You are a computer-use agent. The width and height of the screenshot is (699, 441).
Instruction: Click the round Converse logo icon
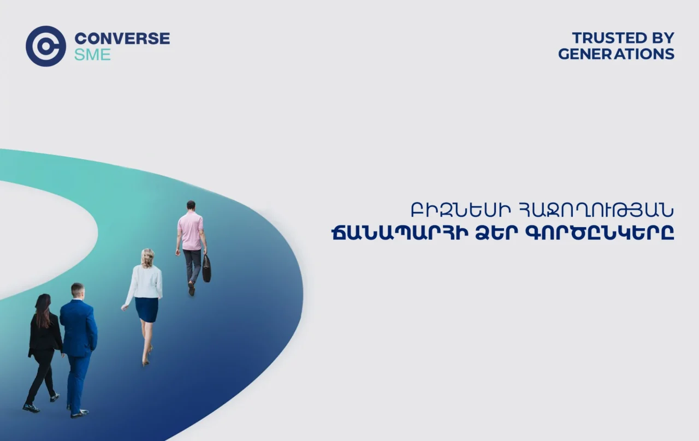[x=46, y=46]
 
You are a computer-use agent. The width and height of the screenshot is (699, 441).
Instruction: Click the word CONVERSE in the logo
[x=122, y=39]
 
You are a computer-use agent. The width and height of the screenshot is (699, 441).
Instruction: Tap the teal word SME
[x=92, y=55]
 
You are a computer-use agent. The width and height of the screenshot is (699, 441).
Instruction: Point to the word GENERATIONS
[x=616, y=54]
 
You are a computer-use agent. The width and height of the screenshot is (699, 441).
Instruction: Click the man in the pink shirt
[x=191, y=240]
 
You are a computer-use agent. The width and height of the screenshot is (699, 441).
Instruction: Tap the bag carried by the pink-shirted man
[x=206, y=269]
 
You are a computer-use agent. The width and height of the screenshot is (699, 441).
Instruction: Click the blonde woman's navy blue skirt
[x=146, y=309]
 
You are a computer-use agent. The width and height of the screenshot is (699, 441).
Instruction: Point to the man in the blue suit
[x=78, y=344]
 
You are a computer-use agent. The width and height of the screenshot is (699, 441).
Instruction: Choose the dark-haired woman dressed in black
[x=44, y=349]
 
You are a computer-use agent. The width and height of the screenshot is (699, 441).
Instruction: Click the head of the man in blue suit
[x=78, y=290]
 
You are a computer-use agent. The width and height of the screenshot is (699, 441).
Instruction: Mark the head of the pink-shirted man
[x=191, y=206]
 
